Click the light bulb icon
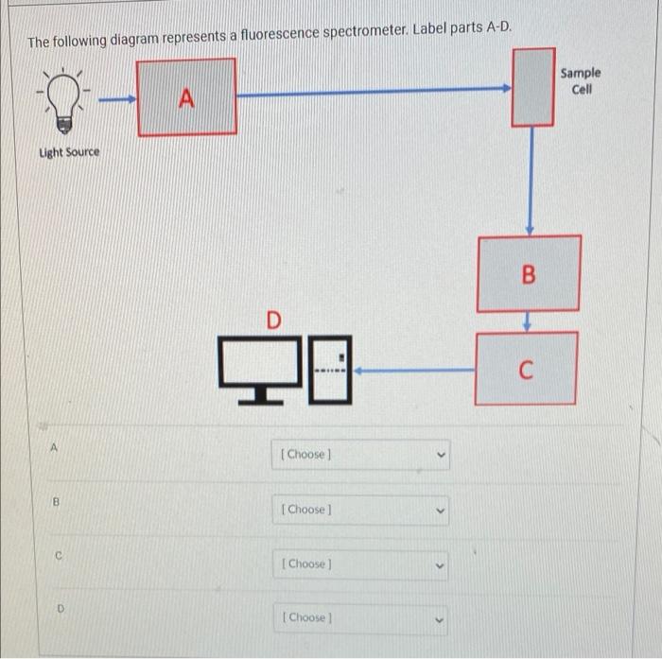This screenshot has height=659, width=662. [x=64, y=97]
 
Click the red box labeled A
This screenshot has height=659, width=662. [x=187, y=95]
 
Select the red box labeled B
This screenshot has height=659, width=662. [x=529, y=274]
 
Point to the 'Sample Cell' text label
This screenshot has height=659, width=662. [x=580, y=80]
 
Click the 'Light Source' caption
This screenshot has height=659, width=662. [x=68, y=152]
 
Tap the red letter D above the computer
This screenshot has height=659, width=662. [x=273, y=321]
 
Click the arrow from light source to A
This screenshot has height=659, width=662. [x=117, y=95]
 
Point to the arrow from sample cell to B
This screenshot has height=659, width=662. [x=531, y=180]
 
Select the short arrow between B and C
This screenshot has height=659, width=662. [x=529, y=321]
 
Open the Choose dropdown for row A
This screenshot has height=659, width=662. [x=360, y=454]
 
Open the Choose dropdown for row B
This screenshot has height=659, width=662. [x=360, y=510]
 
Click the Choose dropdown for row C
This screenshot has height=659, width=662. [x=360, y=564]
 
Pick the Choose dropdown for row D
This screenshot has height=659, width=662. [x=360, y=617]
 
